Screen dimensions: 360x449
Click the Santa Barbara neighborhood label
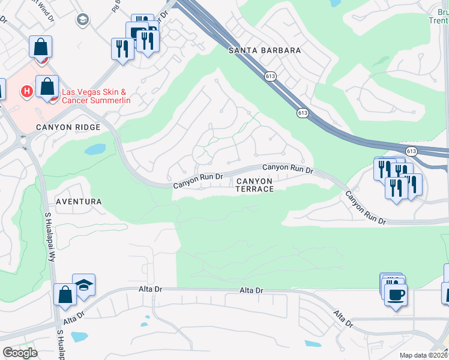pyautogui.click(x=265, y=50)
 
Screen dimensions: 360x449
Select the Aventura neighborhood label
pyautogui.click(x=79, y=202)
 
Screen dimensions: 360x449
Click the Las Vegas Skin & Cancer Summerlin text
pyautogui.click(x=96, y=96)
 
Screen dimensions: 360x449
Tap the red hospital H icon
pyautogui.click(x=26, y=92)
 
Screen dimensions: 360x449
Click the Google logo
pyautogui.click(x=20, y=352)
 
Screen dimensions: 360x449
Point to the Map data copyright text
pyautogui.click(x=424, y=356)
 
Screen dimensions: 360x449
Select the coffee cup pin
pyautogui.click(x=396, y=295)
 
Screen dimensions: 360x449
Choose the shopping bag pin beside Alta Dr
pyautogui.click(x=64, y=295)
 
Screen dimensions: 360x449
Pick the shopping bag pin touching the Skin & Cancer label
pyautogui.click(x=47, y=86)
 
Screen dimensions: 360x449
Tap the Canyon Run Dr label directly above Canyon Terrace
pyautogui.click(x=288, y=169)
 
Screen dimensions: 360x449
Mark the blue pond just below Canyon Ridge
pyautogui.click(x=95, y=149)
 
